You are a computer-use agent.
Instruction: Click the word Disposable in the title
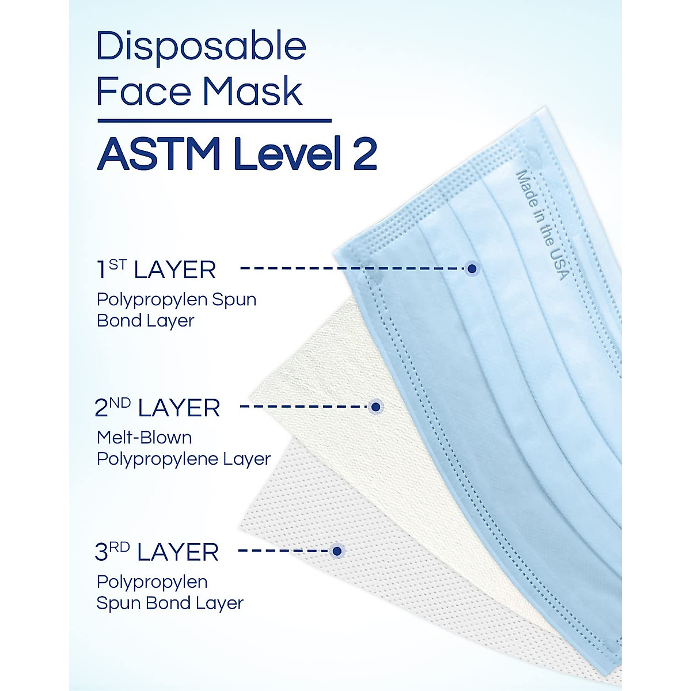point(201,48)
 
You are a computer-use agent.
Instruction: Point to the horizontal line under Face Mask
point(214,121)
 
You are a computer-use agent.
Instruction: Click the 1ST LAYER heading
point(155,269)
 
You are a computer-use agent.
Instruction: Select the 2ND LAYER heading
point(157,408)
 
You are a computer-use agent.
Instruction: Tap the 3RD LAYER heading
point(157,552)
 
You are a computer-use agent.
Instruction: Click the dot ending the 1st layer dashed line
point(472,268)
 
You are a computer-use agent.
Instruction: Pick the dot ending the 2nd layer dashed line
point(376,407)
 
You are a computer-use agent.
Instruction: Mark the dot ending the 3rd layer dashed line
point(337,551)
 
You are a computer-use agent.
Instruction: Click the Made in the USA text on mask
point(541,225)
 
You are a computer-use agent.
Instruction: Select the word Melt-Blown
point(144,438)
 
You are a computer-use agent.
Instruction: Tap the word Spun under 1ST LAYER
point(234,299)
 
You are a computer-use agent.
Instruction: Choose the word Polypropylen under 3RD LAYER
point(152,582)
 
